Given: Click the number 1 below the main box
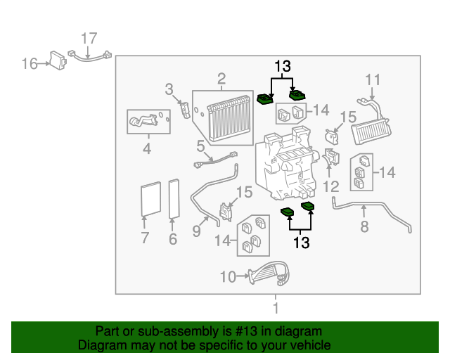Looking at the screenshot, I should coord(276,308).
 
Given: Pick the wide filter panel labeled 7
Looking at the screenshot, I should coord(150,199).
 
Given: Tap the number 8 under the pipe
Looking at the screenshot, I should coord(364,226).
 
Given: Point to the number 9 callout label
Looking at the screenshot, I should coord(197,230).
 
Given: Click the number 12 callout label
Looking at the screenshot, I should coord(330,186).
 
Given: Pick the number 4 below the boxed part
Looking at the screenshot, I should coord(147,148).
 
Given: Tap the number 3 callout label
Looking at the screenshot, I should coord(169,89).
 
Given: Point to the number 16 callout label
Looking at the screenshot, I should coord(29,64).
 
